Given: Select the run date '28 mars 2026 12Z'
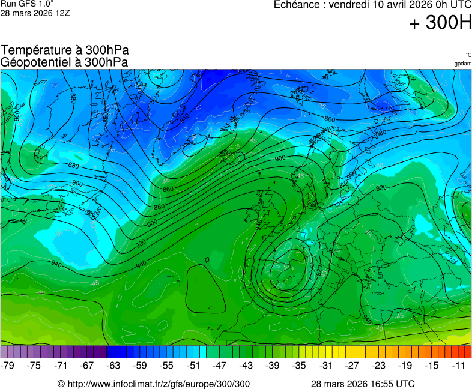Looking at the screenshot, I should tap(35, 13).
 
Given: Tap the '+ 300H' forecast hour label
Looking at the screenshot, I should tap(440, 23).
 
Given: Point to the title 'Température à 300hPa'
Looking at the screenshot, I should tap(65, 50).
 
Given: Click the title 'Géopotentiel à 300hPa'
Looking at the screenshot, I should tap(65, 62).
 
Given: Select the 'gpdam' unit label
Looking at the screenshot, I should tap(462, 64).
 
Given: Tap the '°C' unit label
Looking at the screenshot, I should tap(468, 55).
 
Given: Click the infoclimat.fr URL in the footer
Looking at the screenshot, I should tap(154, 384).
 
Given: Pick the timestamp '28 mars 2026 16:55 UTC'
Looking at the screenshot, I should tap(363, 384).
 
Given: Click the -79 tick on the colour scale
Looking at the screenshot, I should tap(8, 365).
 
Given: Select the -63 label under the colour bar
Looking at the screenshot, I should tap(113, 365).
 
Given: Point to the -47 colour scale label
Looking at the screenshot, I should tap(220, 365).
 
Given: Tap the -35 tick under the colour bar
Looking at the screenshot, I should tap(299, 365).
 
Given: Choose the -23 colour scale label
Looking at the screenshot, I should tap(378, 365).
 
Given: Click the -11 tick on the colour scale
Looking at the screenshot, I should tap(459, 365).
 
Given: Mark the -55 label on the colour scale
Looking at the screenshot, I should tap(166, 365).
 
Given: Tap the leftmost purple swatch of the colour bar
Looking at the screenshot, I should tap(4, 352).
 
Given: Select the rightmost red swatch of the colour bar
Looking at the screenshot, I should tap(468, 352).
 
